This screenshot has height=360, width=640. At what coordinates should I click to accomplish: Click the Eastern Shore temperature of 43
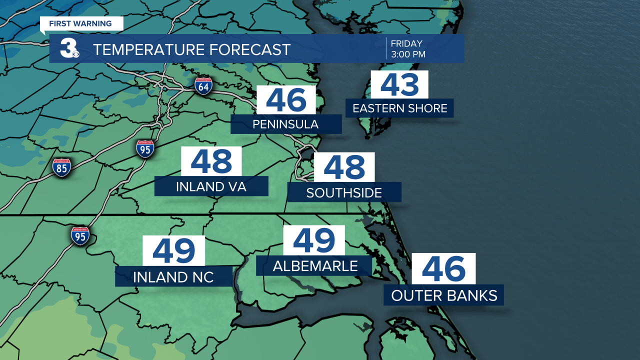(x=399, y=84)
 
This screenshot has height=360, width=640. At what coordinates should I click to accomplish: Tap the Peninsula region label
(x=286, y=124)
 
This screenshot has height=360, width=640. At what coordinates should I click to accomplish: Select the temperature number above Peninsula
(x=286, y=100)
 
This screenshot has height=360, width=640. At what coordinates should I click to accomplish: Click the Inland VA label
(x=211, y=186)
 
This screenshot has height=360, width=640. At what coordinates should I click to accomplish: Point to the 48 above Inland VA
(x=211, y=161)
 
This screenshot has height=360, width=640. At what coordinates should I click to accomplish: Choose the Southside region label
(x=344, y=192)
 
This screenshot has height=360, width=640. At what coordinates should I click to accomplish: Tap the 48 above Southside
(x=344, y=167)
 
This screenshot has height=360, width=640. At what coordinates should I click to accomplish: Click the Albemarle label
(x=315, y=266)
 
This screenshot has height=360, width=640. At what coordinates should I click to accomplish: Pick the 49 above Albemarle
(x=314, y=240)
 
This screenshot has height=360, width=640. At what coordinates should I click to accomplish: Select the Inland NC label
(x=173, y=276)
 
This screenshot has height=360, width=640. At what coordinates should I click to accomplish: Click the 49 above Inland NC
(x=174, y=250)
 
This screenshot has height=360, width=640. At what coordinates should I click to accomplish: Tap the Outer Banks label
(x=444, y=295)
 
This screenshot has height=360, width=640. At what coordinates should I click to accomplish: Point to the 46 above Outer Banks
(x=443, y=269)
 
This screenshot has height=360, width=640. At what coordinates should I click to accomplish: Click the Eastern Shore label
(x=400, y=108)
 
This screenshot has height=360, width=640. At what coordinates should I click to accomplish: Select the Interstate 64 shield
(x=203, y=85)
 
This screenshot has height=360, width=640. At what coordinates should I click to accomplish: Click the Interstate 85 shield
(x=61, y=167)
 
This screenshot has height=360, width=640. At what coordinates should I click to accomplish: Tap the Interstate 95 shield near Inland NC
(x=80, y=234)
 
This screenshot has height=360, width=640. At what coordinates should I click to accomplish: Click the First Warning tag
(x=80, y=23)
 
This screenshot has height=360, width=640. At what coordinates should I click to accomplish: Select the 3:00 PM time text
(x=408, y=54)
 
